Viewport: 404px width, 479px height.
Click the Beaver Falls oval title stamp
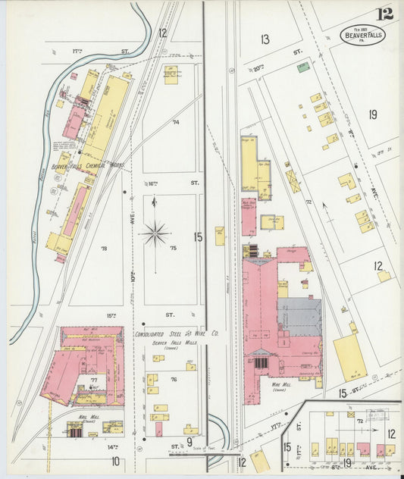click(x=363, y=35)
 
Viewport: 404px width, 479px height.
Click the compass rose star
click(x=155, y=233)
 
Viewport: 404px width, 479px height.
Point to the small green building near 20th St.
click(x=302, y=67)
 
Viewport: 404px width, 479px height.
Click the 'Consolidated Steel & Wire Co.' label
click(x=177, y=333)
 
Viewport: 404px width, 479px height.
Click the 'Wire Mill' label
click(x=280, y=385)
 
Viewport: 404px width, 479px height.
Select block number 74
click(x=176, y=121)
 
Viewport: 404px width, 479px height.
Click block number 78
click(x=104, y=248)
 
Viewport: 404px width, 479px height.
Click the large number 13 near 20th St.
click(x=265, y=39)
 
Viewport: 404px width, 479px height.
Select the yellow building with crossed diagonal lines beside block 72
click(x=293, y=181)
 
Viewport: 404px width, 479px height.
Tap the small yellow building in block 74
click(x=171, y=74)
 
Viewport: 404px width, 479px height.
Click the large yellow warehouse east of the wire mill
click(x=349, y=357)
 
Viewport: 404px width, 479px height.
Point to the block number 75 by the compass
click(x=173, y=248)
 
